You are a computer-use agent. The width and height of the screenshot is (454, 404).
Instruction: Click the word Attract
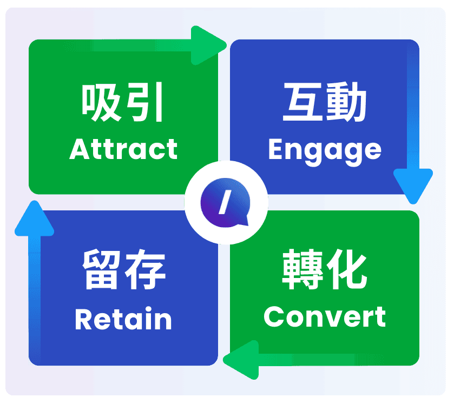[x=123, y=149]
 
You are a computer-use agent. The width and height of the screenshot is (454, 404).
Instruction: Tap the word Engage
[x=324, y=150]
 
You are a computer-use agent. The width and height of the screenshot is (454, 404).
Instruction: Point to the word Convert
[x=325, y=317]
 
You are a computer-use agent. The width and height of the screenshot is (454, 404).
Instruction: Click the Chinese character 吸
[x=101, y=103]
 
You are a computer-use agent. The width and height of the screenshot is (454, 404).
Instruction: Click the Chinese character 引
[x=145, y=103]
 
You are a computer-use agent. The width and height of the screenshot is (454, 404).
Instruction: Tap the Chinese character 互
[x=302, y=104]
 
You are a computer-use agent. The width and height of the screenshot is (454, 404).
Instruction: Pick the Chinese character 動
[x=347, y=104]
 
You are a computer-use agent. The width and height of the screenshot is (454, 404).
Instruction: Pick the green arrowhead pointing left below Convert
[x=240, y=359]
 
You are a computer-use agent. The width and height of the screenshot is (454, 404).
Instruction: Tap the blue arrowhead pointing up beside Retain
[x=35, y=218]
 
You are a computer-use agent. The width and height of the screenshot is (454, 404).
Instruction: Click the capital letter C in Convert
[x=273, y=317]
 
